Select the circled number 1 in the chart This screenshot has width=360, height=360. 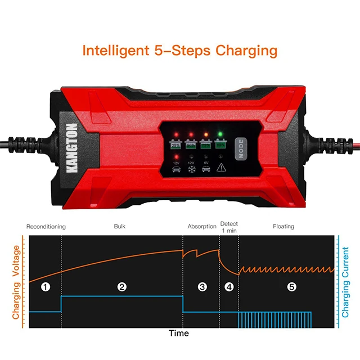coord(46,287)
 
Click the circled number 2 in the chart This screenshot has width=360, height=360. coord(121,287)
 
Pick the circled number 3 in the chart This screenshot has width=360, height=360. coord(202,287)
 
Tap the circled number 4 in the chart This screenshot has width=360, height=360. coord(229,287)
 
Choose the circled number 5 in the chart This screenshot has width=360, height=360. coord(291,287)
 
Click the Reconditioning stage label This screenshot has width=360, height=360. coord(46,227)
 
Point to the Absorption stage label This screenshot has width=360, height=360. coord(202,227)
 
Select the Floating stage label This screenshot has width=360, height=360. coord(283,227)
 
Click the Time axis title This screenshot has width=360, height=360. coord(179,334)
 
